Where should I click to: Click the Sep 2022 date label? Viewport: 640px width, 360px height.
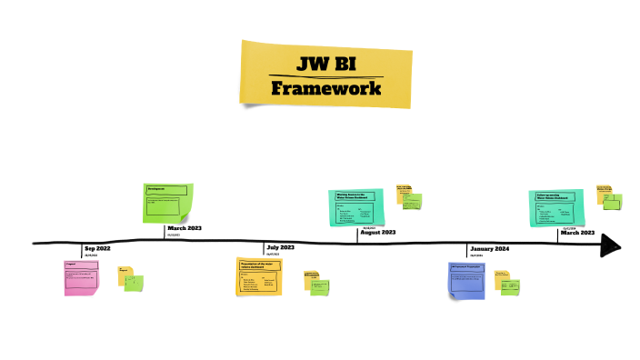[97, 249]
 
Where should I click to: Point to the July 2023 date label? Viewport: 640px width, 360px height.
[280, 247]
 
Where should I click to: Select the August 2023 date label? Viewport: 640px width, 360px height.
[377, 233]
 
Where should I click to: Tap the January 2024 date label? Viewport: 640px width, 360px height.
[489, 249]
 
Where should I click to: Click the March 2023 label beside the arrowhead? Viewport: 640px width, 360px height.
[577, 233]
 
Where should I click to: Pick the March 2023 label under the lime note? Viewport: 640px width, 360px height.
[185, 228]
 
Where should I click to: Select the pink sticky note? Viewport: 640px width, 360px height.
[80, 277]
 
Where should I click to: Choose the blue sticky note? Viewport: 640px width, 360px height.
[469, 279]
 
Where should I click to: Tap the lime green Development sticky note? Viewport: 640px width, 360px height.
[168, 203]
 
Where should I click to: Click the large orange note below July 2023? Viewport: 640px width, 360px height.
[261, 276]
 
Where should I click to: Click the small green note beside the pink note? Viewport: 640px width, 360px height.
[134, 283]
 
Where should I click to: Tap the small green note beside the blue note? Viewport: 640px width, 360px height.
[512, 287]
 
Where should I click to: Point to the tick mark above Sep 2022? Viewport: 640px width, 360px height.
[81, 247]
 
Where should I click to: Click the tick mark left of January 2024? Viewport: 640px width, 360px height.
[467, 248]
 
